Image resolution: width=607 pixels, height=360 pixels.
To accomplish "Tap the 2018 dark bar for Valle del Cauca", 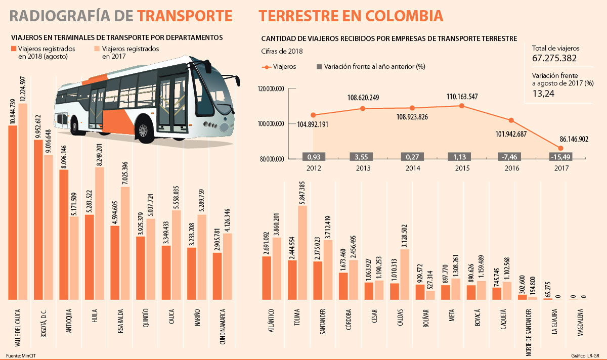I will pyautogui.click(x=13, y=212).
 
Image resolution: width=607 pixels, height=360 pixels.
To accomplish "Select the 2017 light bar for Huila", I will pyautogui.click(x=99, y=233).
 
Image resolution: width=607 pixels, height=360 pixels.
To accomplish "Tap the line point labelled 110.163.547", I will pyautogui.click(x=461, y=106).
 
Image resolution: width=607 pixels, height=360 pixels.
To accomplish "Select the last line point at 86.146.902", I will pyautogui.click(x=560, y=148).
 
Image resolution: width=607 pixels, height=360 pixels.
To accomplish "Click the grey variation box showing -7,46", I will pyautogui.click(x=511, y=157).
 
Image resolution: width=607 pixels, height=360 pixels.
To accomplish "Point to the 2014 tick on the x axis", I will pyautogui.click(x=412, y=167).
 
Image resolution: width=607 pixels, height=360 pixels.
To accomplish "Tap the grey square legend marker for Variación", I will pyautogui.click(x=319, y=66).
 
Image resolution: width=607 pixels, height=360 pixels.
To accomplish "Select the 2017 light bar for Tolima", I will pyautogui.click(x=302, y=253).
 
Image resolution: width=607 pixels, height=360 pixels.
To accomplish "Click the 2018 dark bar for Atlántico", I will pyautogui.click(x=266, y=278).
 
